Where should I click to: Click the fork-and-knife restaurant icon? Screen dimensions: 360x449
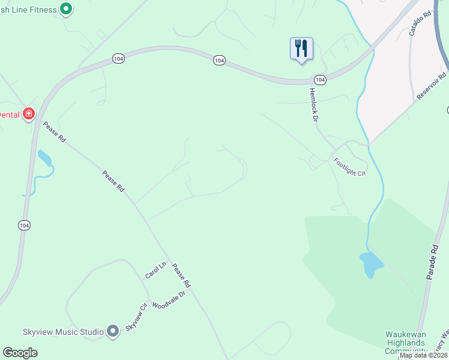click(302, 48)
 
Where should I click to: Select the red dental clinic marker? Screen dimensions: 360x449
click(28, 113)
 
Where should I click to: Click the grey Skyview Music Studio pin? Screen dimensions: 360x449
click(113, 331)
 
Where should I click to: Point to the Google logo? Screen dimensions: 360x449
click(20, 353)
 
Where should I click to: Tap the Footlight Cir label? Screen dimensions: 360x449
click(350, 166)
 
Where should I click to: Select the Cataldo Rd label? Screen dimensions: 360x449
click(420, 23)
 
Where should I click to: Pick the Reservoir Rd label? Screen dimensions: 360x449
click(432, 85)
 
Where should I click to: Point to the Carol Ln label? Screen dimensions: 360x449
click(155, 271)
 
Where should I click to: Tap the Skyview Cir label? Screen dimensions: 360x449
click(136, 320)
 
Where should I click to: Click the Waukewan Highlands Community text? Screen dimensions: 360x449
click(406, 343)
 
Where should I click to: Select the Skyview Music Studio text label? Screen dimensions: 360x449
click(55, 331)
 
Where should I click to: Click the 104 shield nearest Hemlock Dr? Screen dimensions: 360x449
click(320, 80)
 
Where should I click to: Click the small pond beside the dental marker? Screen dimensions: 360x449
click(44, 158)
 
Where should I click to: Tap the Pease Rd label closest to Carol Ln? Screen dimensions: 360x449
click(181, 275)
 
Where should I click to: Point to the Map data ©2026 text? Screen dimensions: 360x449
click(423, 355)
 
